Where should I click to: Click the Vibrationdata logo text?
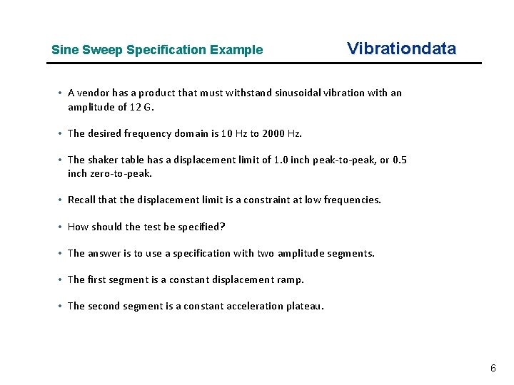400,48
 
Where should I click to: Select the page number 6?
493,368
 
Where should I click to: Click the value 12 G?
141,107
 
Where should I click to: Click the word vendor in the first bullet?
93,93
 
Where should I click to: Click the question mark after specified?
223,227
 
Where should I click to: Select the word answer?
103,253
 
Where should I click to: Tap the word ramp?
291,279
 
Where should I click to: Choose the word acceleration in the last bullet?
253,306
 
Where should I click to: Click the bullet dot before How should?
61,227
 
